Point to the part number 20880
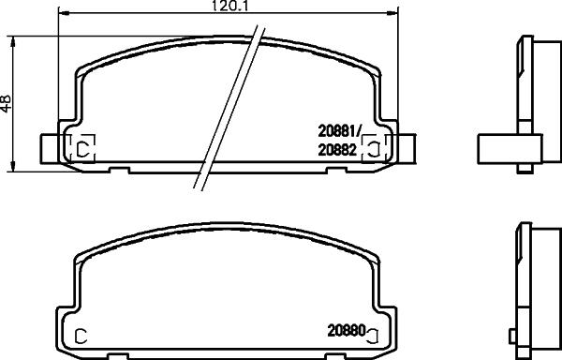coord(345,331)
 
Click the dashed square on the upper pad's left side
coord(81,147)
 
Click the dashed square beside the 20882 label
coord(371,146)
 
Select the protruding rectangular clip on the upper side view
coord(510,148)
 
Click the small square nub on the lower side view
coord(512,333)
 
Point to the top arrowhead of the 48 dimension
coord(13,39)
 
